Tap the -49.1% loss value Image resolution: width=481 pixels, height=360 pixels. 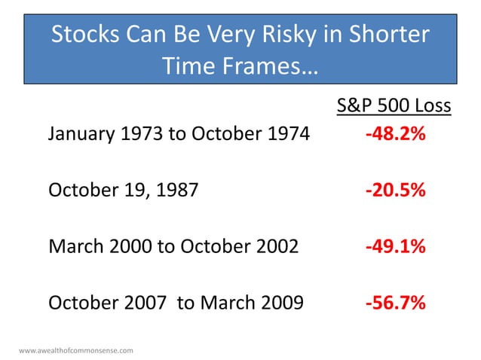pos(395,246)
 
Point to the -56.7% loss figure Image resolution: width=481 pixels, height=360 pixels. pos(395,303)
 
